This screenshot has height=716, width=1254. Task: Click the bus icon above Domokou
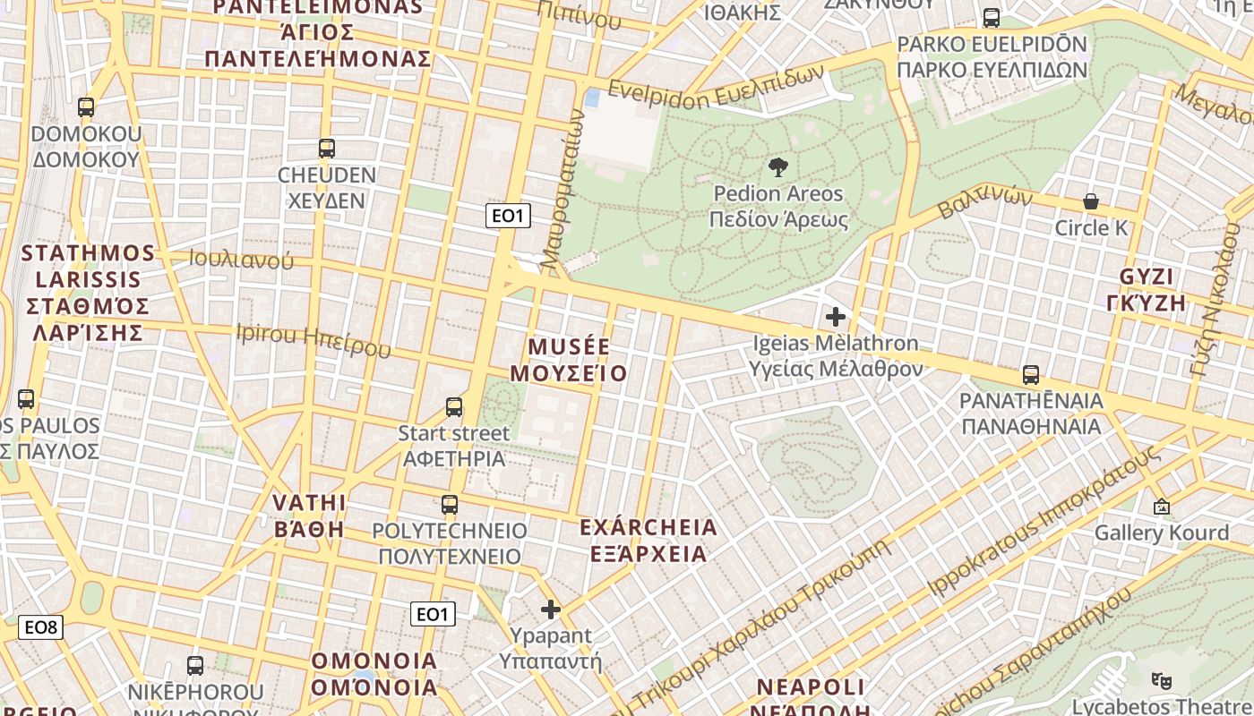tap(86, 107)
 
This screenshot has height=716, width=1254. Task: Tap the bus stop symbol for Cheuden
tap(327, 149)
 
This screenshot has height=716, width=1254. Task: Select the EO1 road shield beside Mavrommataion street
tap(508, 215)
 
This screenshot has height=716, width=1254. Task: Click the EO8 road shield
tap(41, 627)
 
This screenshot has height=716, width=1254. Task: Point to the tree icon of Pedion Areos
tap(778, 166)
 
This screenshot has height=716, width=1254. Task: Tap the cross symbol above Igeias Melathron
tap(836, 316)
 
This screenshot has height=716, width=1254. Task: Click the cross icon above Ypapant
tap(550, 609)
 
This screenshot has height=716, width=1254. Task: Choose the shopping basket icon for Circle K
tap(1091, 201)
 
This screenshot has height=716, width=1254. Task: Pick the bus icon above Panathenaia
tap(1031, 375)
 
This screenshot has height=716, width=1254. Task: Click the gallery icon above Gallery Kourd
tap(1162, 507)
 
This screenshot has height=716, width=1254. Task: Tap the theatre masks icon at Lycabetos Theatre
tap(1163, 680)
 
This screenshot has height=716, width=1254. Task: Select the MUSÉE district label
tap(569, 347)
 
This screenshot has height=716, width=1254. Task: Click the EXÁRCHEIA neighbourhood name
tap(648, 527)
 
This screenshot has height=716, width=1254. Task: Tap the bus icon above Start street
tap(454, 407)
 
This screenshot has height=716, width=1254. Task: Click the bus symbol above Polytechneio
tap(450, 505)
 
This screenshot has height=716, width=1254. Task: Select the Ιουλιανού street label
tap(241, 260)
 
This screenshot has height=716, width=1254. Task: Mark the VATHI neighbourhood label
tap(308, 501)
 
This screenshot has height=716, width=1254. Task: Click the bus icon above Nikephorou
tap(195, 666)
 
